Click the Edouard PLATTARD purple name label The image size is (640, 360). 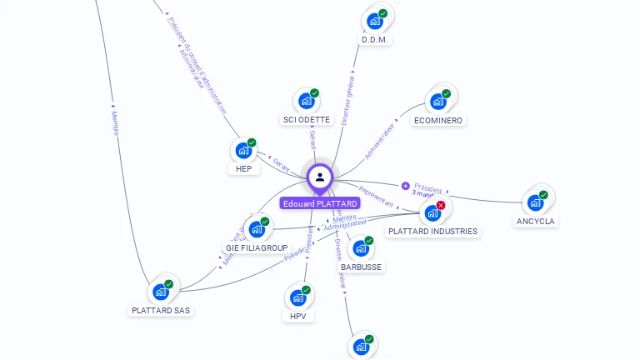(320, 203)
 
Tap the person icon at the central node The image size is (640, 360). (320, 177)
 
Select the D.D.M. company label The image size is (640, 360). (376, 39)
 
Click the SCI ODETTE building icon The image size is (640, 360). (307, 101)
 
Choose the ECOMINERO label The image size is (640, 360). (438, 120)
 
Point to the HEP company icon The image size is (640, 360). (243, 151)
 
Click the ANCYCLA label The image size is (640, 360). (535, 221)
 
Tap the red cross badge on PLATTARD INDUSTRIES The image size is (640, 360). (441, 205)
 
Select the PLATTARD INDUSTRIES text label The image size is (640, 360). (433, 231)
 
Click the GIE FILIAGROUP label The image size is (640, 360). (257, 247)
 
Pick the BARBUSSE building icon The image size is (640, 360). (361, 248)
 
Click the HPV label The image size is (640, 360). (298, 316)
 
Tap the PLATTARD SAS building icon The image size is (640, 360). (161, 292)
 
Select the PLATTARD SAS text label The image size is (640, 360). (161, 310)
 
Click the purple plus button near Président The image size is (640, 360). (406, 186)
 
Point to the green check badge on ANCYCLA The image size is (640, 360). (543, 195)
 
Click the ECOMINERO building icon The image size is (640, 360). (437, 102)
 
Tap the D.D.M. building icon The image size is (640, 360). (375, 21)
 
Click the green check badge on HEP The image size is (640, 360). (252, 142)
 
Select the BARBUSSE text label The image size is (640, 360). (361, 267)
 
